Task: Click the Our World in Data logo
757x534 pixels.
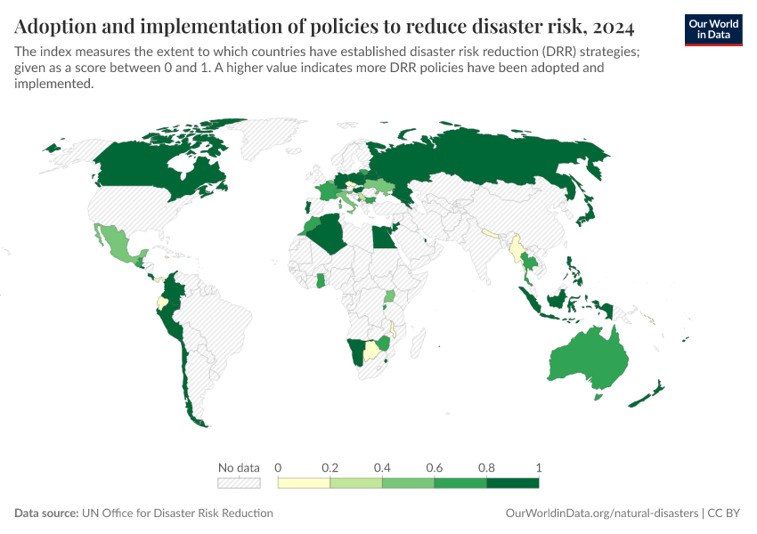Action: (x=712, y=29)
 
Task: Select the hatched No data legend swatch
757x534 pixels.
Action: (x=239, y=483)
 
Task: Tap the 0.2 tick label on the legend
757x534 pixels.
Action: (x=330, y=467)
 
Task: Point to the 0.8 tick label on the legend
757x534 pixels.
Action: (x=487, y=467)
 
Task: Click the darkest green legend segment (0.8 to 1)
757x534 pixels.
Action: (x=513, y=483)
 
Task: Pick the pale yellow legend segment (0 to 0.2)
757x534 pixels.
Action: (x=304, y=483)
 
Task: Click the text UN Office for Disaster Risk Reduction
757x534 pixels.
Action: (x=177, y=514)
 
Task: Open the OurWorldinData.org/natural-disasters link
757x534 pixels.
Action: (x=600, y=514)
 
